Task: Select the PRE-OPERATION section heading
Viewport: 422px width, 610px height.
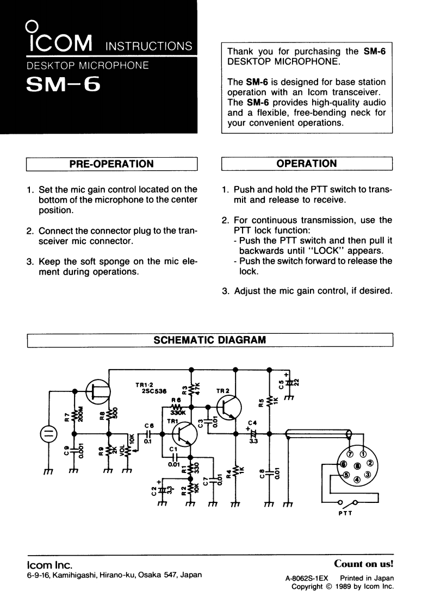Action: coord(111,164)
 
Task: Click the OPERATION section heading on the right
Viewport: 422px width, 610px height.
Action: coord(307,164)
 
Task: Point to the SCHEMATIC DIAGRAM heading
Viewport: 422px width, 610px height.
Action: coord(210,340)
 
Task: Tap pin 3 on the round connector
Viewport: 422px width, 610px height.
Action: coord(367,475)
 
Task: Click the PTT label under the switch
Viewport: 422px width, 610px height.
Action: coord(345,513)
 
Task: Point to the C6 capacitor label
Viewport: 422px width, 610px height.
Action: coord(149,426)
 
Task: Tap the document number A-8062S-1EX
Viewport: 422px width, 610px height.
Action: coord(304,578)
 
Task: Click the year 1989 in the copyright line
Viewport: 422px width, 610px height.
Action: coord(342,587)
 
